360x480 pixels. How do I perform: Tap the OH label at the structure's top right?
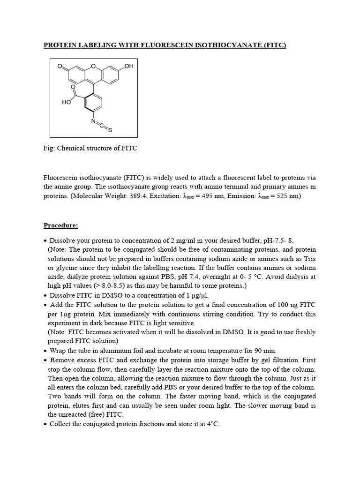pos(129,67)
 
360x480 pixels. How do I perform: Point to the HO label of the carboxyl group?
pos(67,102)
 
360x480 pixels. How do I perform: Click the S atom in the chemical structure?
pos(110,131)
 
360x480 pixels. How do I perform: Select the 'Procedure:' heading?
pos(61,225)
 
